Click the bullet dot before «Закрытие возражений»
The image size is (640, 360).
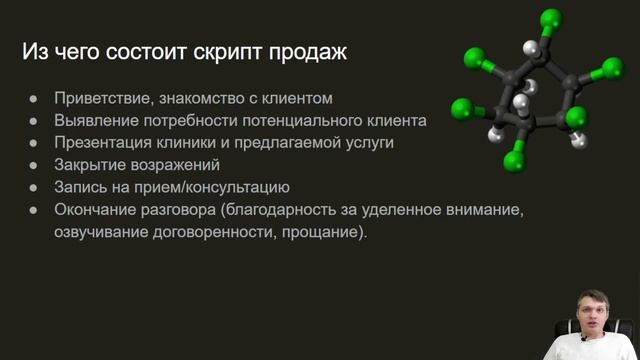pos(33,165)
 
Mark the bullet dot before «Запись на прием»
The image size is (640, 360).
pos(33,187)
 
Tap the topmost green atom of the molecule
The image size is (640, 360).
pos(549,18)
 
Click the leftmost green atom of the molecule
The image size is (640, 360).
pos(461,107)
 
